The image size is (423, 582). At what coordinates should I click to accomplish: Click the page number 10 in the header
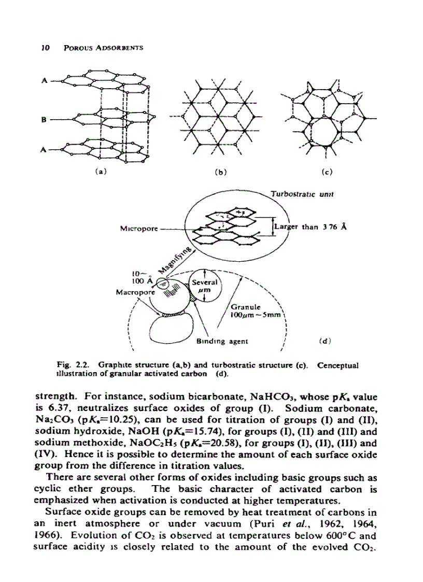click(45, 48)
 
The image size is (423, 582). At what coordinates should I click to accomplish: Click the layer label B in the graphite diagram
click(45, 119)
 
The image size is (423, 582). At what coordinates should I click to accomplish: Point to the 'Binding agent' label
click(222, 342)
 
